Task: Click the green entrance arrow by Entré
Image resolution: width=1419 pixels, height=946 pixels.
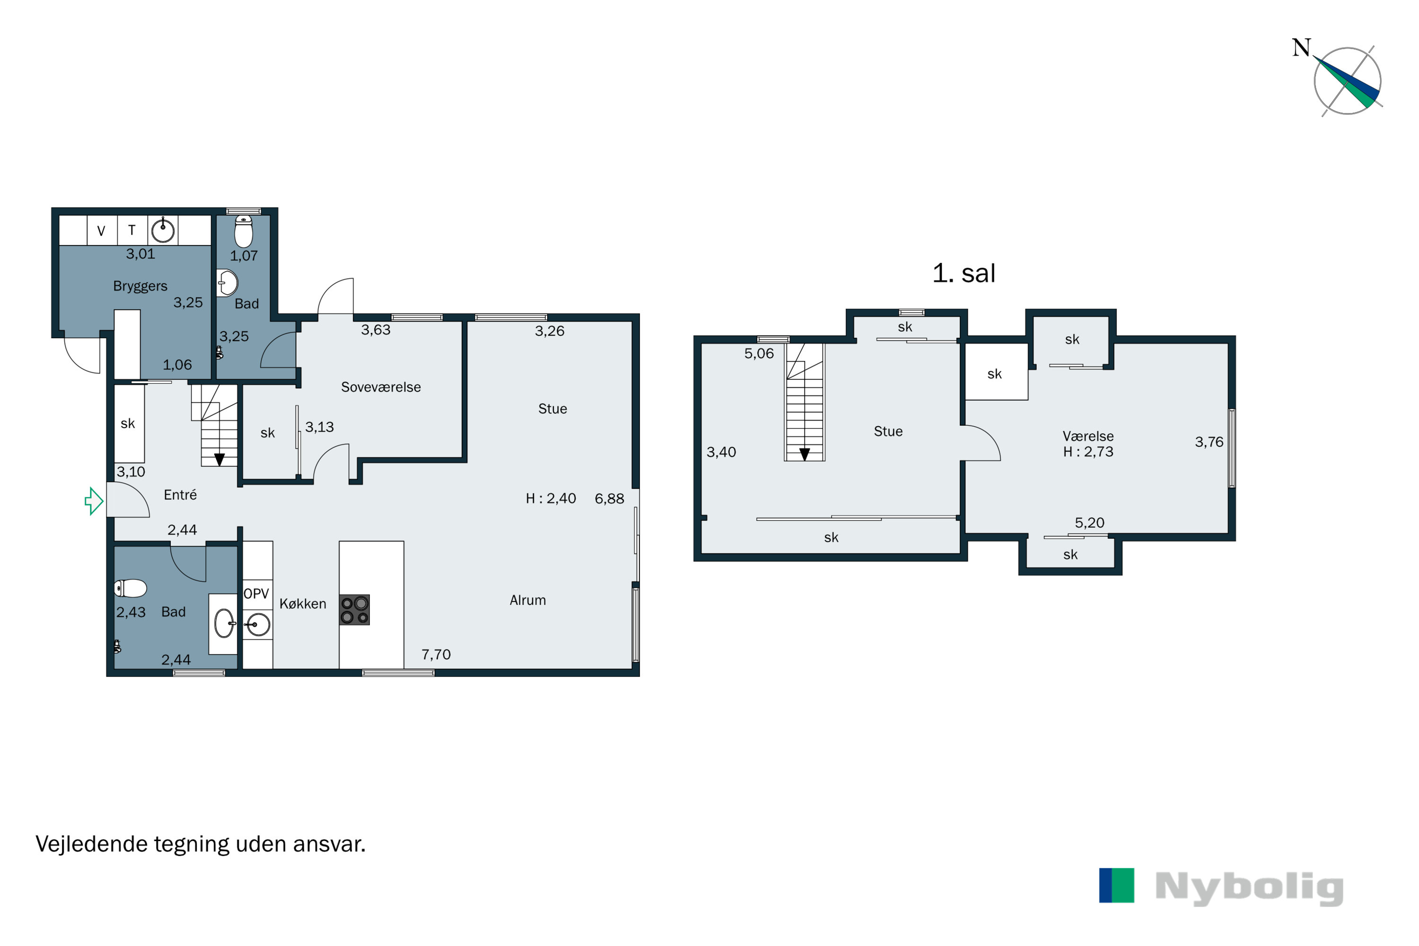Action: coord(94,501)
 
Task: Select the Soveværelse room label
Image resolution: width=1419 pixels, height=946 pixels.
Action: coord(381,387)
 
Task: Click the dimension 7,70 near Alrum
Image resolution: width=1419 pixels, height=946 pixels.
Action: coord(436,655)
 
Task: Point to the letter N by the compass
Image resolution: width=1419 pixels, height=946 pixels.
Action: coord(1301,48)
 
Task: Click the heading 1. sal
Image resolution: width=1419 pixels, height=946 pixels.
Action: coord(964,273)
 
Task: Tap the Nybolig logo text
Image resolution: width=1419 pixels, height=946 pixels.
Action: coord(1249,887)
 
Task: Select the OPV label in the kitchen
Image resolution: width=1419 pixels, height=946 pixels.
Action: coord(256,594)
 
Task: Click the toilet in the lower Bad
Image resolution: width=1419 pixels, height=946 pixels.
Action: coord(131,588)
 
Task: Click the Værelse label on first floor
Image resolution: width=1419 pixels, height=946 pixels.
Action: coord(1088,436)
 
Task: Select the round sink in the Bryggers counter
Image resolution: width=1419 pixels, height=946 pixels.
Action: coord(163,230)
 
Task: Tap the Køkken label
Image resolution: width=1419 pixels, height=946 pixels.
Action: coord(302,604)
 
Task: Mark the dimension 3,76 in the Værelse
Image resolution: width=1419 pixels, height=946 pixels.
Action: coord(1209,442)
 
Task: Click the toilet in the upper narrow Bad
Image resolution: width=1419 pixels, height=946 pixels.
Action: coord(244,232)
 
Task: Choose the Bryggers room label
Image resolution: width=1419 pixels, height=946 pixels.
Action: coord(140,286)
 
